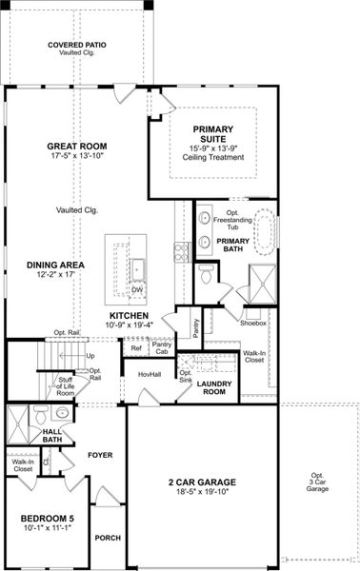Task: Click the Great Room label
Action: click(x=78, y=147)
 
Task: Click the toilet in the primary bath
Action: click(x=207, y=273)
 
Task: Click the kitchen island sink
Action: click(x=136, y=269)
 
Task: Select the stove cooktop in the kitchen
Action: click(x=181, y=251)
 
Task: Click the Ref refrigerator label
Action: click(x=135, y=347)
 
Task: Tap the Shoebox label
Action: click(x=253, y=322)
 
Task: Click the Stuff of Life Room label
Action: click(x=65, y=385)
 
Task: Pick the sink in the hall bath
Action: click(x=62, y=413)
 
